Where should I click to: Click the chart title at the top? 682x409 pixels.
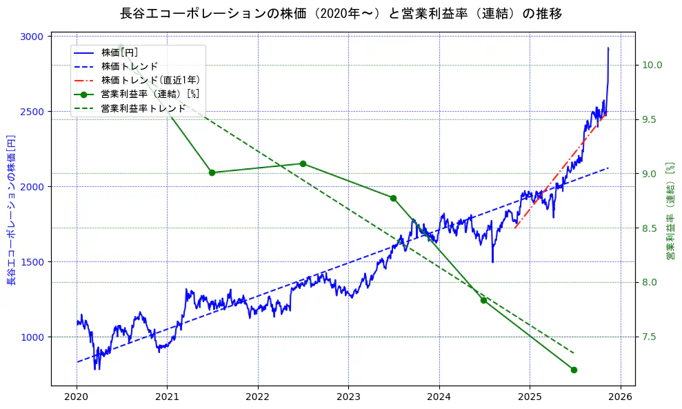coord(341,13)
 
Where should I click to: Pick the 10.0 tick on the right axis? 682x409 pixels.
coord(652,65)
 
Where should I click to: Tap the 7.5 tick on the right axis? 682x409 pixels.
coord(650,337)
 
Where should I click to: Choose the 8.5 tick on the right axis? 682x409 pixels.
coord(650,228)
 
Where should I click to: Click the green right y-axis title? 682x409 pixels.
coord(670,211)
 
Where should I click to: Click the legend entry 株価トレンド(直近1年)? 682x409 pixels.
coord(150,80)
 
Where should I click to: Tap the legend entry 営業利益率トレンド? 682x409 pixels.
coord(143,108)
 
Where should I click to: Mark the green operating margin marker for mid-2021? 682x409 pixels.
coord(212,172)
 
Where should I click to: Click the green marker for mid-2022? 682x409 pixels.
coord(303,163)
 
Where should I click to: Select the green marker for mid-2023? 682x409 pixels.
coord(393,198)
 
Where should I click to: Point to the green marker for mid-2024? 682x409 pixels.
coord(483,300)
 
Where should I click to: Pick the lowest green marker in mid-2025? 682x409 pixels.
coord(574,370)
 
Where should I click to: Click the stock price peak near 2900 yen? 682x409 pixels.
coord(608,48)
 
